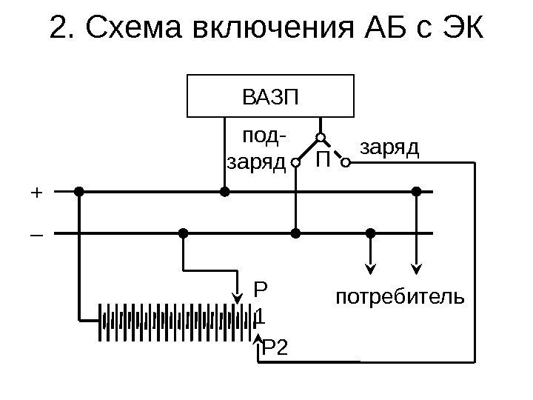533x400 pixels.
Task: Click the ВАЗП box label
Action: coord(269,96)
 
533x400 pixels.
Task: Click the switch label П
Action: coord(321,160)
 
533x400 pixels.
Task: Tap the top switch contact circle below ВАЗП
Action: coord(321,137)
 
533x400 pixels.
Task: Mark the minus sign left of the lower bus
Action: coord(36,235)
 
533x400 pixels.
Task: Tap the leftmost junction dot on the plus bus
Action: coord(79,191)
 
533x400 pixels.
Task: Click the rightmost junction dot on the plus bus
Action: coord(416,191)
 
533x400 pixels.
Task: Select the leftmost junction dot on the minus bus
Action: coord(183,233)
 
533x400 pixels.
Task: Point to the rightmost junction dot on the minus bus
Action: coord(372,233)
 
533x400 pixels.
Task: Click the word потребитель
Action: coord(400,298)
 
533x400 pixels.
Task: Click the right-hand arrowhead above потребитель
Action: coord(417,268)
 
